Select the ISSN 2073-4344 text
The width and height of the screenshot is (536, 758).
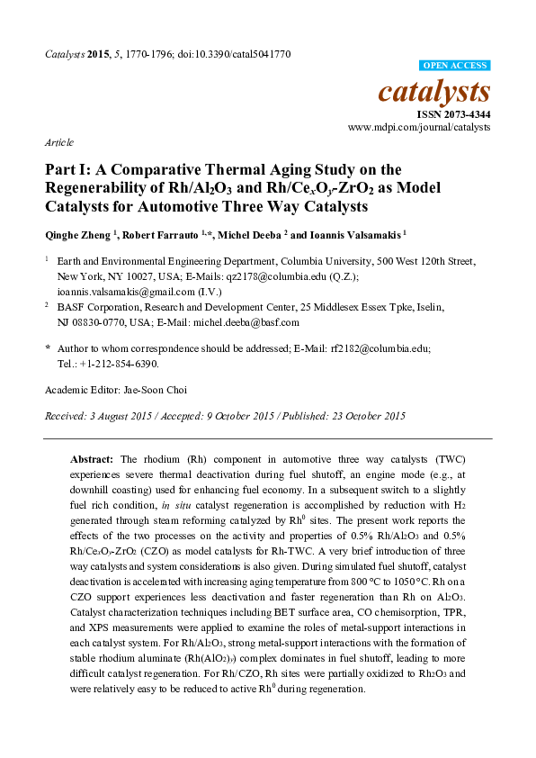click(x=451, y=114)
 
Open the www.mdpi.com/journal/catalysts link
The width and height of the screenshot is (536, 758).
click(x=419, y=128)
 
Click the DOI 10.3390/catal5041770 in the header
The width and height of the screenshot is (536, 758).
click(x=245, y=54)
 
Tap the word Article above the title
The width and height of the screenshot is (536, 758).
click(x=58, y=142)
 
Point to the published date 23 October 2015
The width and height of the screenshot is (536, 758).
click(x=364, y=416)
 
